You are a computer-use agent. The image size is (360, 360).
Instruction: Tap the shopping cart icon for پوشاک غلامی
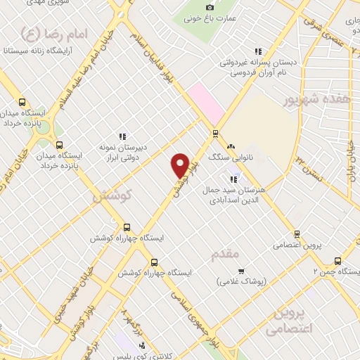pos(240,271)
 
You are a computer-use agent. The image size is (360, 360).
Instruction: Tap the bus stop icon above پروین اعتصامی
pos(297,234)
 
